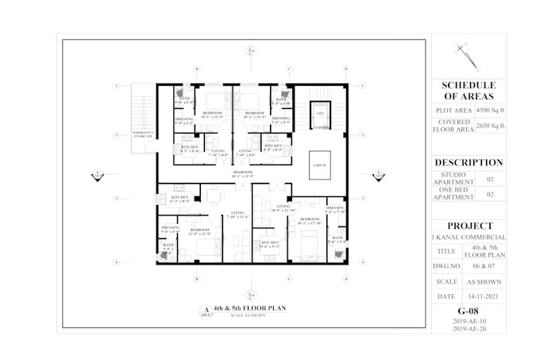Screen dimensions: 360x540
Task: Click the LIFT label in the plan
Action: tap(320, 114)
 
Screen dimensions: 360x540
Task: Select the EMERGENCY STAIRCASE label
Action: tap(143, 134)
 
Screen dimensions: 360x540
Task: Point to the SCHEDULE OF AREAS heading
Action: tap(469, 90)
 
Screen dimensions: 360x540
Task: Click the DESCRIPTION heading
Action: tap(469, 162)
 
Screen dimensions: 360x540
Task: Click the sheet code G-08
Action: tap(469, 311)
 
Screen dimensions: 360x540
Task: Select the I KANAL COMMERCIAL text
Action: tap(469, 237)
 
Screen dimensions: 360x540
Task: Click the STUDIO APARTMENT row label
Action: tap(453, 180)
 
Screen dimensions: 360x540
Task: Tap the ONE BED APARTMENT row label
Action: tap(453, 194)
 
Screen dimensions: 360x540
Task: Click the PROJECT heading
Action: tap(469, 225)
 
